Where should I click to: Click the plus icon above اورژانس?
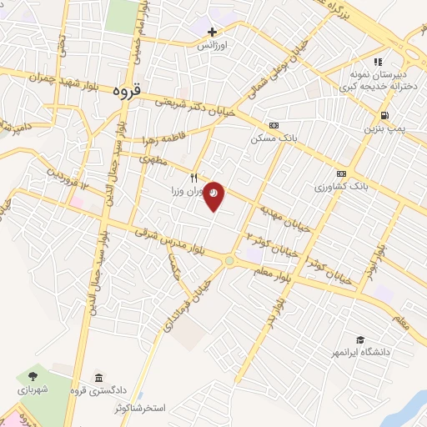(x=212, y=32)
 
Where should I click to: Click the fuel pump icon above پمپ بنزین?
(x=383, y=115)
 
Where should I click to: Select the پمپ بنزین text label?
(x=382, y=128)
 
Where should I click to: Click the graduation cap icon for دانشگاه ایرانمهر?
(x=360, y=339)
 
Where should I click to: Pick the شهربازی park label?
(x=33, y=389)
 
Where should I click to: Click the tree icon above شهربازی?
(x=33, y=377)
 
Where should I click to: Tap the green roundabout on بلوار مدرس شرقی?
(x=229, y=261)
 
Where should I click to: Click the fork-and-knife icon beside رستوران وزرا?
(x=195, y=177)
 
